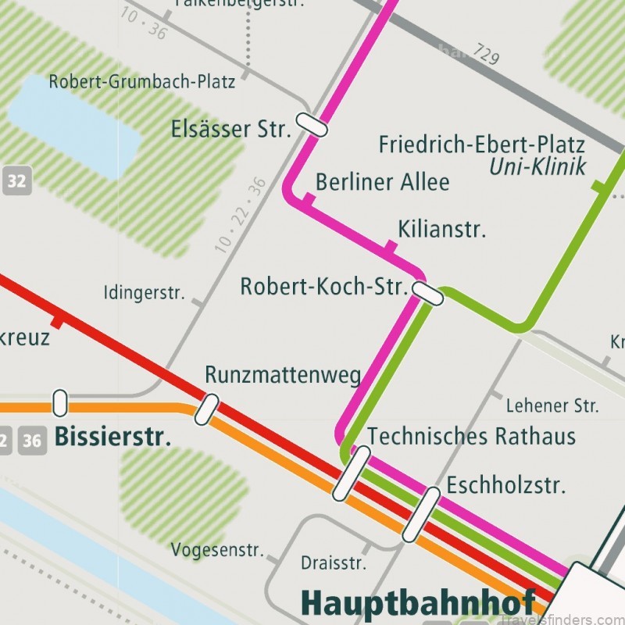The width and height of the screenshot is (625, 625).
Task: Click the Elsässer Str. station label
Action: click(x=230, y=128)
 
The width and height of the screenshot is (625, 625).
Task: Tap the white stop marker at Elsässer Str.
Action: click(x=311, y=123)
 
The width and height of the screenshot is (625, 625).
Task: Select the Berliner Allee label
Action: click(x=382, y=182)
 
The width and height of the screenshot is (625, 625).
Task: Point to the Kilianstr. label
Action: click(x=441, y=229)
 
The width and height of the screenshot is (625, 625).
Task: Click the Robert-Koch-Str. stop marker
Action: click(x=427, y=294)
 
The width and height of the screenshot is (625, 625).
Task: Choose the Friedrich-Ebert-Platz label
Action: click(x=481, y=145)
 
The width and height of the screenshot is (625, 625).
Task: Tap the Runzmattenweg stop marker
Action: click(x=207, y=409)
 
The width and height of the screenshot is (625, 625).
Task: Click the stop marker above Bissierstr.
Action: click(x=59, y=402)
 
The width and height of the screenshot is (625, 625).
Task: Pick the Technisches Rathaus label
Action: click(x=471, y=435)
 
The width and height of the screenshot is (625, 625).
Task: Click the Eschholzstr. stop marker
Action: click(x=421, y=514)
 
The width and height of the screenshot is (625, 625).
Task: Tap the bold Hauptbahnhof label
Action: click(x=417, y=603)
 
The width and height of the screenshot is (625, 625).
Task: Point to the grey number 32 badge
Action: click(x=16, y=182)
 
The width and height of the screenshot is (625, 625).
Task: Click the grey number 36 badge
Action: click(x=32, y=440)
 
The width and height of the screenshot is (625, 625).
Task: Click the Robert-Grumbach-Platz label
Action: click(x=141, y=81)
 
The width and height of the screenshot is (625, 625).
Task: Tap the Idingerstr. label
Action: click(x=144, y=294)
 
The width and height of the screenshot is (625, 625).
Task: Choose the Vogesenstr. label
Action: click(x=218, y=549)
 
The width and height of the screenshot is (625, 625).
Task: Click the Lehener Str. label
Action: click(x=552, y=405)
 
